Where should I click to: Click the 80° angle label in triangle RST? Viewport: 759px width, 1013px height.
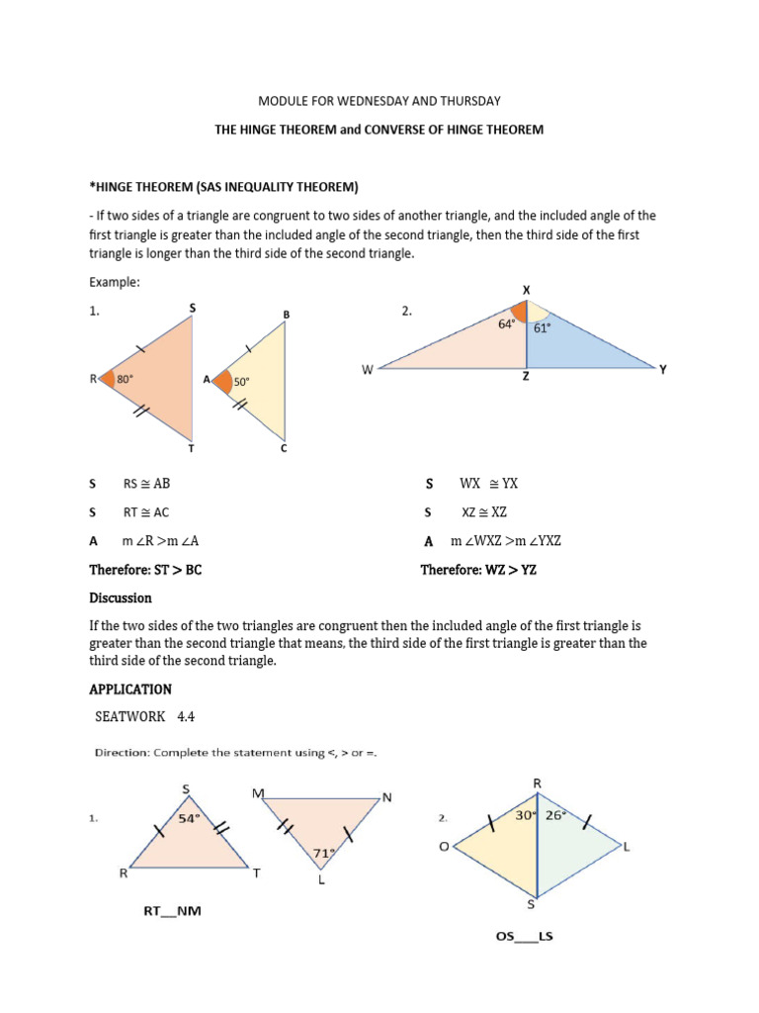coord(126,378)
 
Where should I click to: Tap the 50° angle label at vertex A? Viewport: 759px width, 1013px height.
coord(241,381)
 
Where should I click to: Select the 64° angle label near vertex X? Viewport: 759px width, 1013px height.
coord(507,322)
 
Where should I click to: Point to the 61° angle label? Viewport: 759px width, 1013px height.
coord(542,328)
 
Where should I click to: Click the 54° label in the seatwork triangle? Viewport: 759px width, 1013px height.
coord(189,818)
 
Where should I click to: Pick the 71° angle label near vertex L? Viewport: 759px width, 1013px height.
coord(324,852)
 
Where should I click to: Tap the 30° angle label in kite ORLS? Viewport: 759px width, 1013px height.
coord(524,815)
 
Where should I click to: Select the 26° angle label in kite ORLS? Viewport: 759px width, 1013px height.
coord(554,815)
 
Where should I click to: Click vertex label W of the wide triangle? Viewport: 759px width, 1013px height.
coord(367,370)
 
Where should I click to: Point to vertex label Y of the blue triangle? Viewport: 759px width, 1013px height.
coord(663,369)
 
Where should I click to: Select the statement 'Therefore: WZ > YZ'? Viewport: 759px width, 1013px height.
coord(478,570)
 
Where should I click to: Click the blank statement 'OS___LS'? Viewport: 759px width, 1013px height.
coord(524,936)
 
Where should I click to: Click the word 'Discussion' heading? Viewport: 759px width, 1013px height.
coord(120,598)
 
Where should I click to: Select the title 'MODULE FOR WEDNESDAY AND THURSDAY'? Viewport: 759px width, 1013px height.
coord(379,101)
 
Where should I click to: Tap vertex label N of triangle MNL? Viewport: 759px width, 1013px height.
coord(386,798)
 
